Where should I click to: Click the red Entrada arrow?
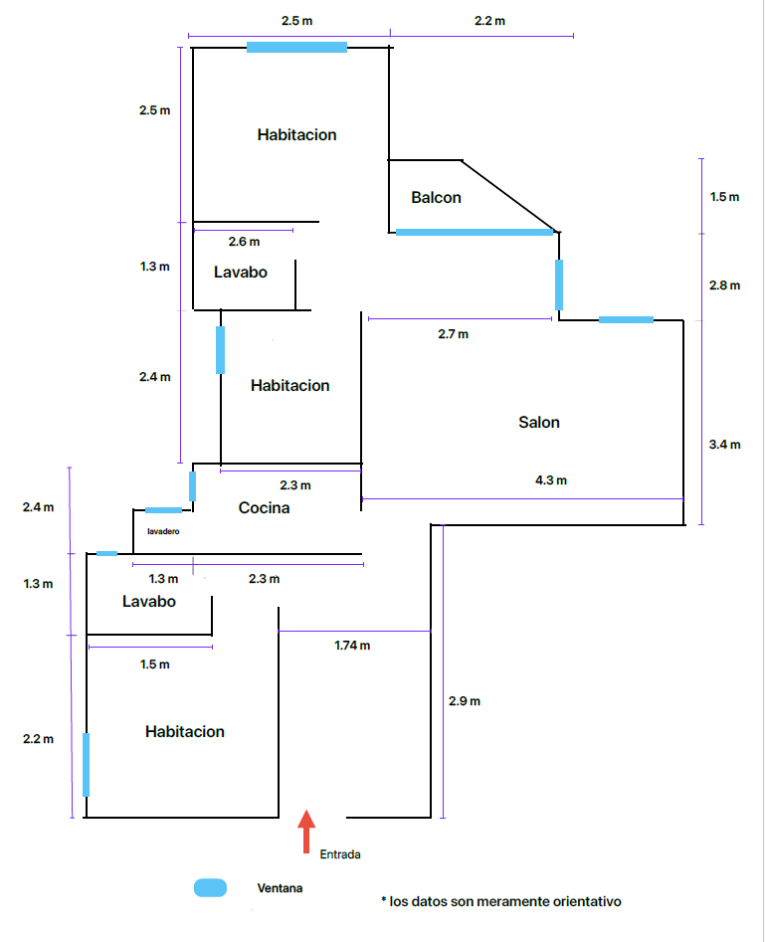pyautogui.click(x=306, y=831)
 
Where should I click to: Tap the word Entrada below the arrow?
pyautogui.click(x=340, y=854)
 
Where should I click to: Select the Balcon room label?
pyautogui.click(x=436, y=197)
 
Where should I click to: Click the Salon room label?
pyautogui.click(x=539, y=422)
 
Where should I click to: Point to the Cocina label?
pyautogui.click(x=265, y=508)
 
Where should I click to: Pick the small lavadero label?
pyautogui.click(x=163, y=532)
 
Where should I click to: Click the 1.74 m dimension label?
pyautogui.click(x=352, y=646)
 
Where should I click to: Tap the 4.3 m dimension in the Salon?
pyautogui.click(x=551, y=480)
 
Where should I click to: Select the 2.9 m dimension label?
pyautogui.click(x=465, y=701)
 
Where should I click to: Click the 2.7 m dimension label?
pyautogui.click(x=453, y=334)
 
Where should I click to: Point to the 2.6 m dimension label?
pyautogui.click(x=244, y=242)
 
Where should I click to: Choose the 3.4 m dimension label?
pyautogui.click(x=724, y=445)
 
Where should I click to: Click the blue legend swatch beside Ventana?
pyautogui.click(x=211, y=888)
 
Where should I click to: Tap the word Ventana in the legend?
pyautogui.click(x=280, y=888)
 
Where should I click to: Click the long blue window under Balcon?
pyautogui.click(x=474, y=232)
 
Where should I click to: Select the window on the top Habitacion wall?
pyautogui.click(x=296, y=47)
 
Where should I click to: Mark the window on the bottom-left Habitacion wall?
pyautogui.click(x=86, y=764)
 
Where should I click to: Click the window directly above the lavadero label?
pyautogui.click(x=163, y=510)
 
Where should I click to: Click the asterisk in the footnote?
pyautogui.click(x=383, y=901)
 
